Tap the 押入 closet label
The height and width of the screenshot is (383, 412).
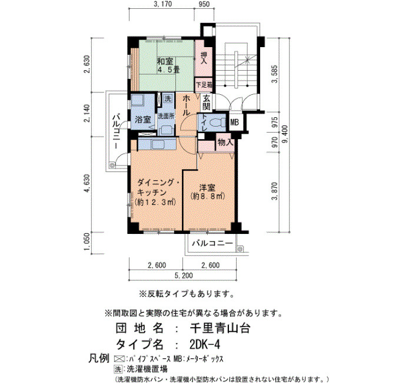point(204,58)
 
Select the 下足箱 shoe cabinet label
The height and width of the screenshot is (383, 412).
point(204,85)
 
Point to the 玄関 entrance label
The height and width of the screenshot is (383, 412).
point(207,103)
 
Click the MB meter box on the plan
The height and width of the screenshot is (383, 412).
point(234,122)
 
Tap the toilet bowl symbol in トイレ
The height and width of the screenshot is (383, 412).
point(218,123)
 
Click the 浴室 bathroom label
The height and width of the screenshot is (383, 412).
point(142,120)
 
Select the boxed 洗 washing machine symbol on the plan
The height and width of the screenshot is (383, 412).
point(168,98)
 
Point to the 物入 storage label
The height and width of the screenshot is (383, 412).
point(225,143)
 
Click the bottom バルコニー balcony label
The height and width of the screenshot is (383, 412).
point(212,243)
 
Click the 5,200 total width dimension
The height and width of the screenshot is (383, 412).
point(184,276)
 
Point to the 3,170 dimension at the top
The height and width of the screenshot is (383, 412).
point(163,4)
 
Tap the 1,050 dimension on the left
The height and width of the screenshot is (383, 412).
point(88,243)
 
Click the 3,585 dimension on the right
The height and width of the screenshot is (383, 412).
point(275,74)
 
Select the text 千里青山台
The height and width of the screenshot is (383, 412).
point(220,328)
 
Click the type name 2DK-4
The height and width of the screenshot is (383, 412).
point(204,344)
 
